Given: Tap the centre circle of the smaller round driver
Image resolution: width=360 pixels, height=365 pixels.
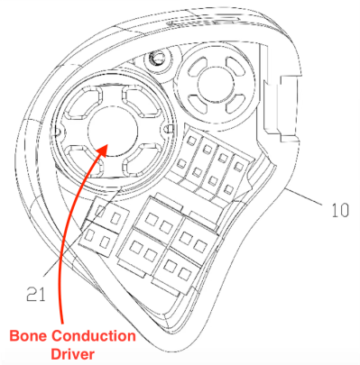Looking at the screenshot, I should click(215, 82).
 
